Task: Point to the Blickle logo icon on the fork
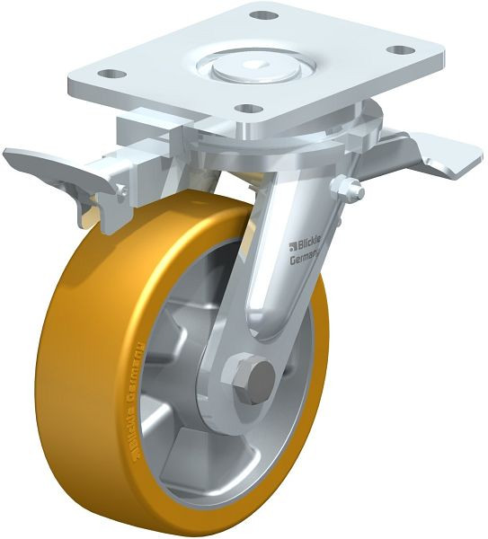click(x=294, y=245)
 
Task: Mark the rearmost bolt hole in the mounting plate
click(x=262, y=15)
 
